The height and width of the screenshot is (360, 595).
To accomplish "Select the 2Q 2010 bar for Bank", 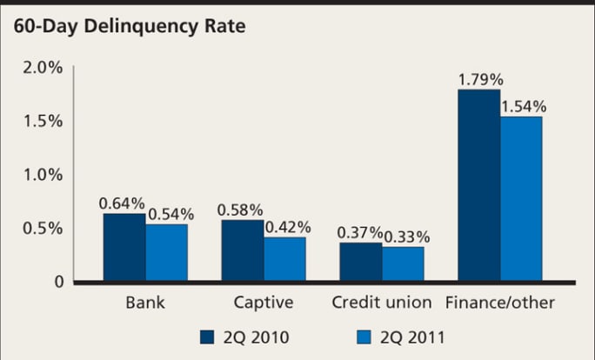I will [x=124, y=248].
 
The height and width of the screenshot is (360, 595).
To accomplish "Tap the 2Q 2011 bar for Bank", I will [x=166, y=253].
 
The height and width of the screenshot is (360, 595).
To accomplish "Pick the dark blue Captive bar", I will [x=243, y=251].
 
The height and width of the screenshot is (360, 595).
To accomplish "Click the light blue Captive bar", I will [x=284, y=259].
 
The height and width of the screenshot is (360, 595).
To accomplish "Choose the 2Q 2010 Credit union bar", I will [x=360, y=262].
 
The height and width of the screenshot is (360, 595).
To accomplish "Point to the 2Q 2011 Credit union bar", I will [x=403, y=264].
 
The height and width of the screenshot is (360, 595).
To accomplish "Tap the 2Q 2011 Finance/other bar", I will [x=521, y=199].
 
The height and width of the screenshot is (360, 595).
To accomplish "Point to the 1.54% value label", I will [x=524, y=107].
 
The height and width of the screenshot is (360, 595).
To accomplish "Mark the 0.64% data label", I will [x=122, y=203].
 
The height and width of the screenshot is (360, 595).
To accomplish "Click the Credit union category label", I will [x=382, y=303].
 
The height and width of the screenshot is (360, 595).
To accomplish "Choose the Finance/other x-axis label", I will [x=499, y=303].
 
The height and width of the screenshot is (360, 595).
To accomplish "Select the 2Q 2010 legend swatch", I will [x=207, y=337].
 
